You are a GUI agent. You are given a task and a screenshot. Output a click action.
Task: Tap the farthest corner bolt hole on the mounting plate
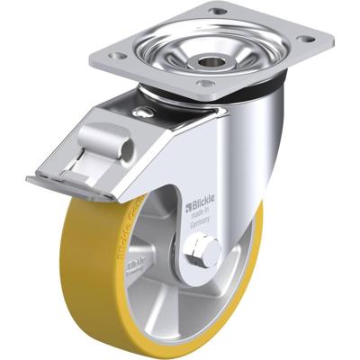point(218,11)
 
